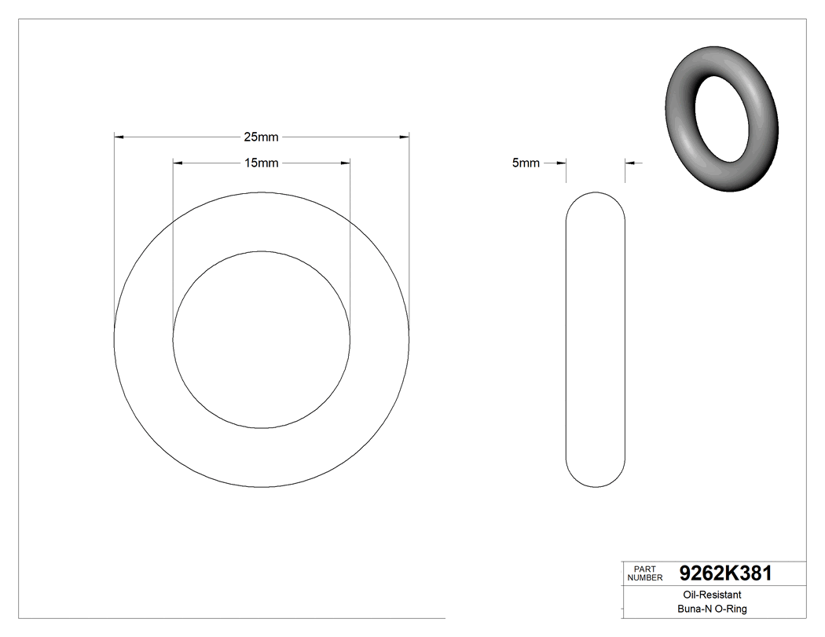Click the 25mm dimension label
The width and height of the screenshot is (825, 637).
click(261, 137)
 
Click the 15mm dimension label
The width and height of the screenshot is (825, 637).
click(261, 163)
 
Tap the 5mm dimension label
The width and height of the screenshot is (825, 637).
click(526, 163)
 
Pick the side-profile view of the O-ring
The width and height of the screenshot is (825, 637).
click(596, 339)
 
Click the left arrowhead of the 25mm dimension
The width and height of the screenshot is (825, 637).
click(119, 137)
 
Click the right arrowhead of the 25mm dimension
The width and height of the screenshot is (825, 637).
click(404, 137)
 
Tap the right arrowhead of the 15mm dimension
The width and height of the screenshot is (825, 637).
click(345, 163)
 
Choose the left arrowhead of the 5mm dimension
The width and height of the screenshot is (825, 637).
click(561, 163)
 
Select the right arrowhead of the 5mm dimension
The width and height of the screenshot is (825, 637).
click(630, 163)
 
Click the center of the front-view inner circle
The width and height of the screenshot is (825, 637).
click(262, 339)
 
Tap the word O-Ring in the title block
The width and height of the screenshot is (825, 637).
click(731, 610)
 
